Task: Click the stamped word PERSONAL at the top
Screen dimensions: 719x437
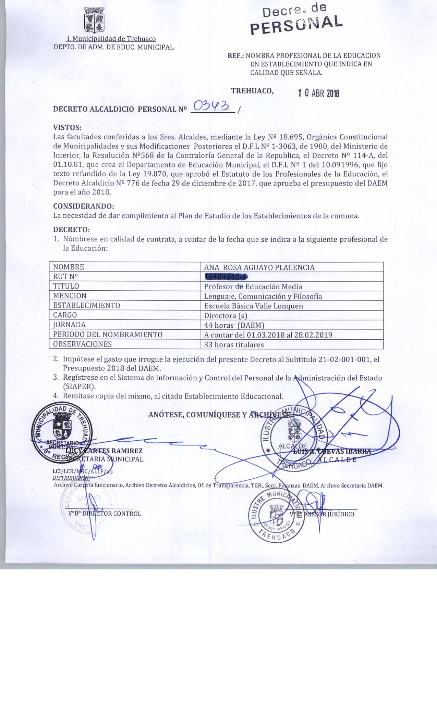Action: click(297, 24)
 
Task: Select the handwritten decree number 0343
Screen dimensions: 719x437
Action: click(212, 106)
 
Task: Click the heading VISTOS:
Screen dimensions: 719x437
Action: click(67, 128)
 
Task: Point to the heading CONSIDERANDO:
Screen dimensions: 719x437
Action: click(83, 207)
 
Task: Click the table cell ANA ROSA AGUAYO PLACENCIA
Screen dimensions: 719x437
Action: click(259, 267)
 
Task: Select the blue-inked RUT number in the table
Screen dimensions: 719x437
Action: click(226, 277)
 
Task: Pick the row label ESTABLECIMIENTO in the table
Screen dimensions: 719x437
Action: click(86, 305)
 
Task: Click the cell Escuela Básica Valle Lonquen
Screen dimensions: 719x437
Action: click(253, 306)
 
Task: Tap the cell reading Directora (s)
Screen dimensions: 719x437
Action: click(225, 315)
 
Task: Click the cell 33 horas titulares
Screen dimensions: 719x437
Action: click(234, 344)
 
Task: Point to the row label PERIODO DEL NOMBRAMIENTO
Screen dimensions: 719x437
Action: click(108, 335)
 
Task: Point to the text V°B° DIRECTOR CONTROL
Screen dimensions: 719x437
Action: click(105, 514)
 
